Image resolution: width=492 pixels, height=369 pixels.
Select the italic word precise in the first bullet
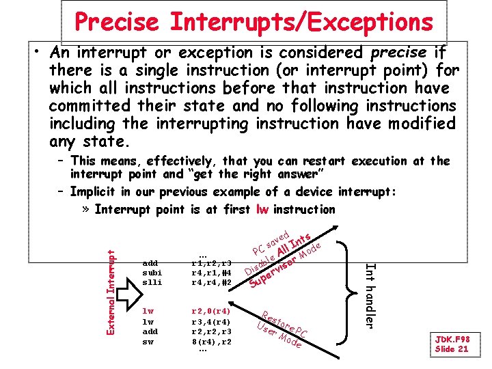point(400,53)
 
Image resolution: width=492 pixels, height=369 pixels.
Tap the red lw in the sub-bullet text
point(262,209)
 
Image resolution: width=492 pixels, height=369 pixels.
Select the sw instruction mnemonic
point(147,341)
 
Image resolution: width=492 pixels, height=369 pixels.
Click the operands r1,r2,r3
point(211,262)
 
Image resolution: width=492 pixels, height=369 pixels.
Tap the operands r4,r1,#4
point(211,272)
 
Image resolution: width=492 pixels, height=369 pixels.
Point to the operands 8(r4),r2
point(211,341)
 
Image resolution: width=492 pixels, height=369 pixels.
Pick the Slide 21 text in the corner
point(452,348)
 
